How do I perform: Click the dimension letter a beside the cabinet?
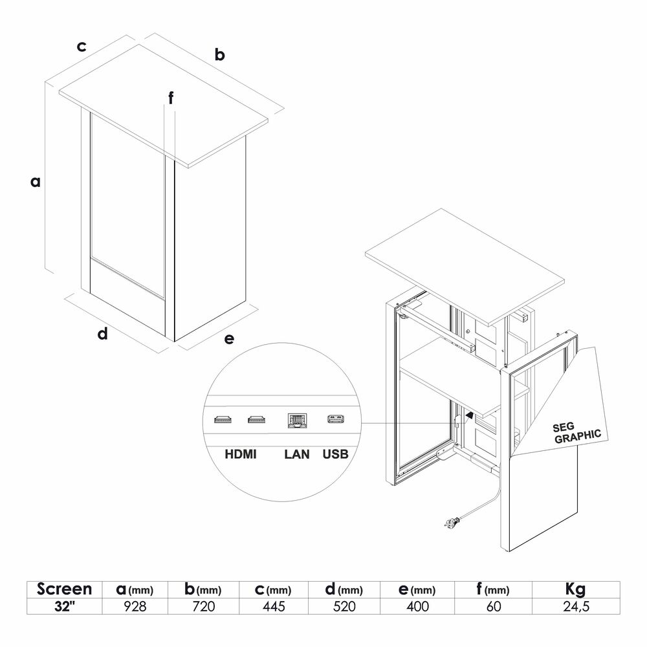[x=36, y=182]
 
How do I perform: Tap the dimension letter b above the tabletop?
[x=219, y=54]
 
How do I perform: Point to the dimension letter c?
[x=82, y=46]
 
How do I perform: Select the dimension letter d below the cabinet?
[x=102, y=333]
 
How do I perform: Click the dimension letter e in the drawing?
[x=229, y=339]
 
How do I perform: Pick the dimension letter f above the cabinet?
[x=170, y=98]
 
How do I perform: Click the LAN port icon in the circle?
[x=297, y=421]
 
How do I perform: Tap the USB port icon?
[x=336, y=419]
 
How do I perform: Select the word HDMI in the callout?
[x=241, y=454]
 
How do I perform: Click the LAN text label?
[x=297, y=454]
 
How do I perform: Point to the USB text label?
[x=335, y=454]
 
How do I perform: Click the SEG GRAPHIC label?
[x=577, y=433]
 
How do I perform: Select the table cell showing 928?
[x=135, y=606]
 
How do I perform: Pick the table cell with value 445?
[x=274, y=606]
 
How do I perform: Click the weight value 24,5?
[x=576, y=606]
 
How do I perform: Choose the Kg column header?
[x=576, y=589]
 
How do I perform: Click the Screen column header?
[x=64, y=589]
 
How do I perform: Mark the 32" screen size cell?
[x=64, y=606]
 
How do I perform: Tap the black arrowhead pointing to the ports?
[x=469, y=414]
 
